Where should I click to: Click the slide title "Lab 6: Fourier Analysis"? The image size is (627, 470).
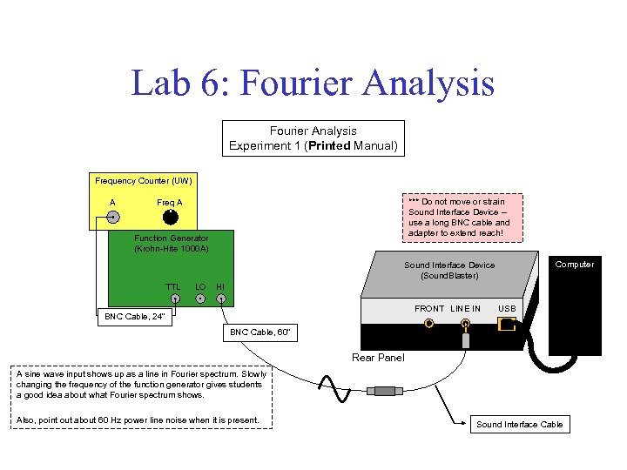tap(313, 84)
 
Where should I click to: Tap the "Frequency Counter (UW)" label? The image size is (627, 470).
tap(144, 181)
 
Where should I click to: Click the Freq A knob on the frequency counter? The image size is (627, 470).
tap(171, 217)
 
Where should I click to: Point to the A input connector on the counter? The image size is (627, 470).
tap(113, 218)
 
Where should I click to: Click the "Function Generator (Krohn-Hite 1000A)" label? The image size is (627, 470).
tap(171, 243)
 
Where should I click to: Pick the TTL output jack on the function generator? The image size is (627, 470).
tap(175, 299)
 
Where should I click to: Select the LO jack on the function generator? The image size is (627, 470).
tap(200, 299)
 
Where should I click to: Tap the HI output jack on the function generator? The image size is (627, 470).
tap(221, 299)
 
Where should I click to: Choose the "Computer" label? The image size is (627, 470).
tap(575, 265)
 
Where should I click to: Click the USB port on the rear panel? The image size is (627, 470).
tap(507, 325)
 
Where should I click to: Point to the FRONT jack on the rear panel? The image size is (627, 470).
tap(429, 325)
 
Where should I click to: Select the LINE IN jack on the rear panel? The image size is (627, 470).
tap(466, 326)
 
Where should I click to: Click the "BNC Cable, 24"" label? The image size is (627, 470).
tap(134, 317)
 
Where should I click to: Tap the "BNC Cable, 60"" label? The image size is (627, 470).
tap(258, 332)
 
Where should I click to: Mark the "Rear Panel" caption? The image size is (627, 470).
tap(378, 358)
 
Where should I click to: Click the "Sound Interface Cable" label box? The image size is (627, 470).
tap(520, 425)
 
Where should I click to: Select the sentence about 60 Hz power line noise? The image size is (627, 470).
tap(138, 420)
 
